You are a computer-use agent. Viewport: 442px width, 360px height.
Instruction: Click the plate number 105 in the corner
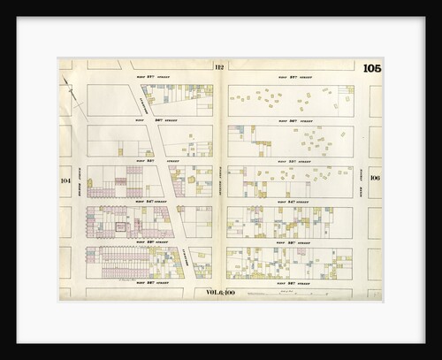point(371,69)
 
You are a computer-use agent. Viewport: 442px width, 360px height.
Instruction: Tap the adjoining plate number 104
point(65,180)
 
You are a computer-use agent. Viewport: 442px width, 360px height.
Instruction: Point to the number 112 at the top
point(219,67)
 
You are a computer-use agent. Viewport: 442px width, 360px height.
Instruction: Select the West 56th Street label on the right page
point(293,119)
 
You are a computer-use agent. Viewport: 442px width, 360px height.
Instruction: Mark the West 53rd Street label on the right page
point(293,241)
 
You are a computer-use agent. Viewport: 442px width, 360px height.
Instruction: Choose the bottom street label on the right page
point(293,282)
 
